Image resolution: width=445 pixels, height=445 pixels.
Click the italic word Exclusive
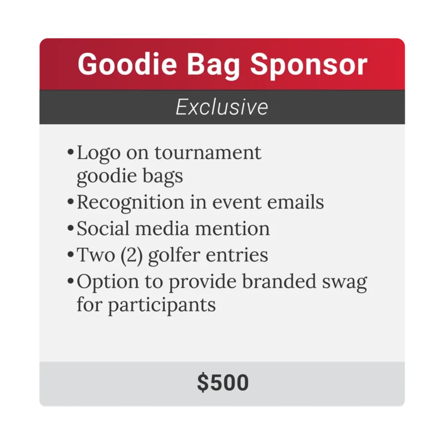pos(222,107)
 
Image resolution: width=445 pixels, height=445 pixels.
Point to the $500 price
pos(222,383)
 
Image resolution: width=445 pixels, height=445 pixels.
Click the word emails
pos(295,202)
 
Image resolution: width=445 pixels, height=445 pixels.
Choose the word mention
pos(236,229)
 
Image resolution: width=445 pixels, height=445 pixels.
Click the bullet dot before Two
pos(71,255)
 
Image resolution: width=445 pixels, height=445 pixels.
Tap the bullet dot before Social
pos(71,229)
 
